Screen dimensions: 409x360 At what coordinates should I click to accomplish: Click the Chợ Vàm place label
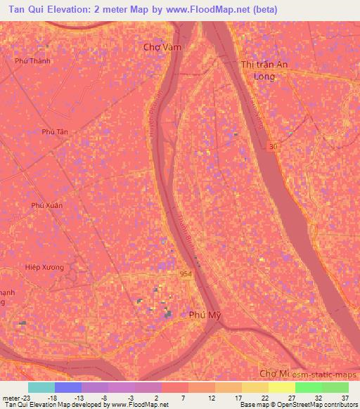[x=158, y=47]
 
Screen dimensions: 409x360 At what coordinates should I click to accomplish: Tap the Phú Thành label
[x=33, y=61]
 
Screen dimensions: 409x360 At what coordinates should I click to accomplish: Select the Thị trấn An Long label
[x=264, y=70]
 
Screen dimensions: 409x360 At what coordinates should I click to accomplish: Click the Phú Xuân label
[x=46, y=205]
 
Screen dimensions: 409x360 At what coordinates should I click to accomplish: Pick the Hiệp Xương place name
[x=44, y=268]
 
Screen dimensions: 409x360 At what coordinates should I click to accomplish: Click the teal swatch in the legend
[x=41, y=387]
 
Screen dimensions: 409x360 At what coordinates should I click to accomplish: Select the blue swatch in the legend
[x=67, y=387]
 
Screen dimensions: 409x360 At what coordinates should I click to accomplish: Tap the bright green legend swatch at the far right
[x=335, y=387]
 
